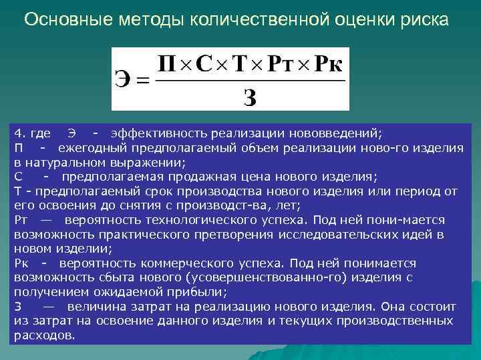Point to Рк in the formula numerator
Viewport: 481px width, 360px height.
327,64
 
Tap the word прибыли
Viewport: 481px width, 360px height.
200,292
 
